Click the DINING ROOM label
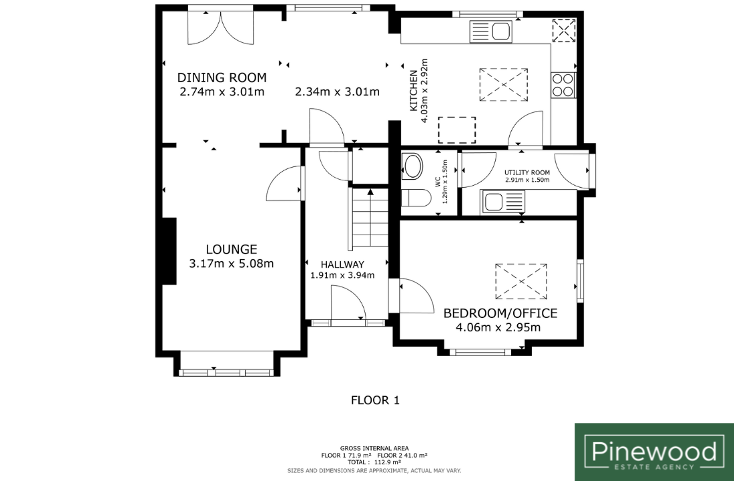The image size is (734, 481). pos(222,77)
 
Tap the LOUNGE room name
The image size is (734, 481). pos(232,249)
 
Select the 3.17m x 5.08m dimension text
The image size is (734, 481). pos(232,264)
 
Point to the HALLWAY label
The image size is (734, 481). pos(342,265)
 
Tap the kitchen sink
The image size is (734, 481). pos(491,32)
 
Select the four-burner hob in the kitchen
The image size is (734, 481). pos(563,85)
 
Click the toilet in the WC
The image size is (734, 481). pos(416,198)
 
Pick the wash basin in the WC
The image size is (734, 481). pos(412,166)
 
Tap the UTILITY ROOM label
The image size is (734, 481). pos(527,172)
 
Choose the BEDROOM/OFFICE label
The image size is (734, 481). pos(500,313)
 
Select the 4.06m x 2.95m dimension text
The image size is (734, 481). pos(498,327)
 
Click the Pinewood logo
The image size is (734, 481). pos(654,452)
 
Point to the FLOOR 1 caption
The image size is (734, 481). pos(376,400)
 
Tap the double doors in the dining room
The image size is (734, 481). pos(220,27)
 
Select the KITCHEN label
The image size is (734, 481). pos(414,90)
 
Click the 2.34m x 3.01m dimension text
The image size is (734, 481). pos(337,92)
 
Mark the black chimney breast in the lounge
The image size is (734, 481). pos(169,251)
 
